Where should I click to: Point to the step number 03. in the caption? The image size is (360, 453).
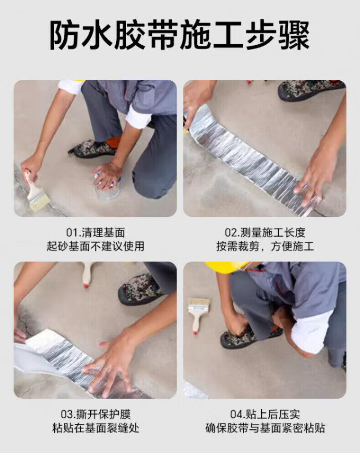pos(68,415)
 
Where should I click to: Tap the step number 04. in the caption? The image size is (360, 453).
pos(237,415)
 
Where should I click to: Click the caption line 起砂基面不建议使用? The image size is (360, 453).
pos(95,246)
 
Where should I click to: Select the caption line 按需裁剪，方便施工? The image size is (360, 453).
pos(265,246)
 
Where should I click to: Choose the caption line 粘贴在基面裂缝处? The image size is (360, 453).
pos(96,428)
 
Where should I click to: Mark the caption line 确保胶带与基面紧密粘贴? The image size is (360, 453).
pos(265,428)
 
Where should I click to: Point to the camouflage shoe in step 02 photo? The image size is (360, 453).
pos(311,90)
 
